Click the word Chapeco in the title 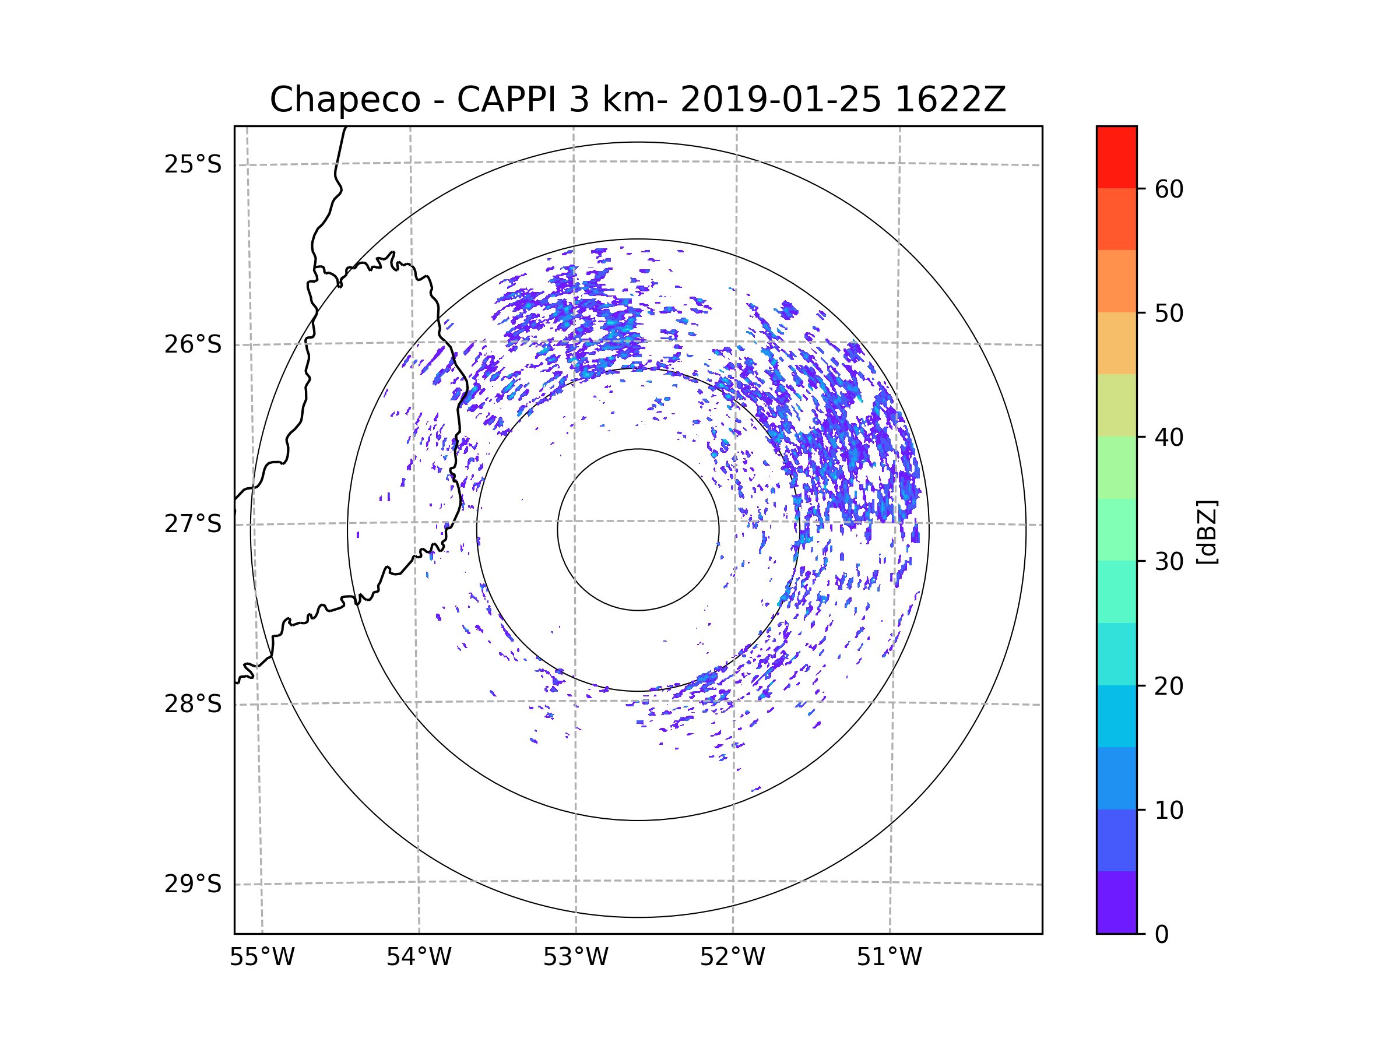point(345,100)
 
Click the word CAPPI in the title point(507,100)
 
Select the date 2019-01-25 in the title point(781,100)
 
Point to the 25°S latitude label point(193,164)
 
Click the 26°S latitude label point(193,344)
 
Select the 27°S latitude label point(193,524)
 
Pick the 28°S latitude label point(193,704)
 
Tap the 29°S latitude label point(193,884)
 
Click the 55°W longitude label point(262,958)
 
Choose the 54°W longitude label point(419,958)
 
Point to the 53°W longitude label point(575,958)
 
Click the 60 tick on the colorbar point(1169,189)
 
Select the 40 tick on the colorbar point(1169,438)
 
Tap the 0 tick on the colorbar point(1162,935)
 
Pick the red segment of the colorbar point(1116,157)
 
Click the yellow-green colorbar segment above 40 point(1116,405)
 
